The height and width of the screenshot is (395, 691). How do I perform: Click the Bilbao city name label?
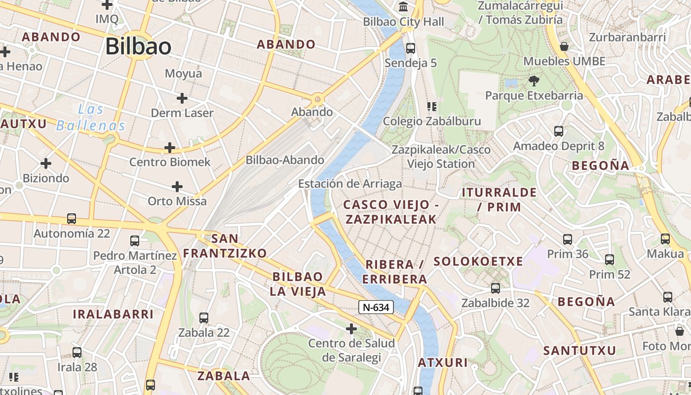(x=138, y=47)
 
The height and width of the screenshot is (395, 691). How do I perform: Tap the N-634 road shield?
(x=376, y=307)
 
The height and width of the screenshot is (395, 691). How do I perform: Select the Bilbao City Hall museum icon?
(x=404, y=7)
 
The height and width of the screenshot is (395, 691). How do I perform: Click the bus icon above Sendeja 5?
(x=411, y=48)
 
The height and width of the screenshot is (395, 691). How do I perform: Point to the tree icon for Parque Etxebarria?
(x=534, y=80)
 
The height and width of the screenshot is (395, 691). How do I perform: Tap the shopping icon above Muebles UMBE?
(x=564, y=47)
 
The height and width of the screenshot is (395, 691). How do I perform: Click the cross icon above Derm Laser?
(x=182, y=98)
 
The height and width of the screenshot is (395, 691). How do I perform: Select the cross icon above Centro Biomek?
(x=170, y=148)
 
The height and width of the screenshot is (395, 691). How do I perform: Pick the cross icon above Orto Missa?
(x=177, y=187)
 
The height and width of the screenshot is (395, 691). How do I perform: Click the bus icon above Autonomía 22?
(x=72, y=219)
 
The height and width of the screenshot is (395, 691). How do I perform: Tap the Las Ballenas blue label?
(x=91, y=118)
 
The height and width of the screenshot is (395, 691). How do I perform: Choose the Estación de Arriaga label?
(x=350, y=184)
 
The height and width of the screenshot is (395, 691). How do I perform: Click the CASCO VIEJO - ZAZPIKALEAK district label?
(x=391, y=212)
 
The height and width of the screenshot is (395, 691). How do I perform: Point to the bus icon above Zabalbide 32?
(x=496, y=288)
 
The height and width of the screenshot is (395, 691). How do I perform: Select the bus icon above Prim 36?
(x=568, y=239)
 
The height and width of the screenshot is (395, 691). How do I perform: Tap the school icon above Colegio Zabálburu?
(x=432, y=107)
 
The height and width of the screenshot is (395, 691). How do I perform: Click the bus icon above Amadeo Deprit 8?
(x=559, y=131)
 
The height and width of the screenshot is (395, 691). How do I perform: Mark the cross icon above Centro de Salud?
(x=351, y=328)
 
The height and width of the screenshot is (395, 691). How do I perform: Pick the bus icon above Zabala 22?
(x=204, y=318)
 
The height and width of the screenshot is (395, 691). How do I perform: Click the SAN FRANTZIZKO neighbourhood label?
(x=225, y=246)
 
